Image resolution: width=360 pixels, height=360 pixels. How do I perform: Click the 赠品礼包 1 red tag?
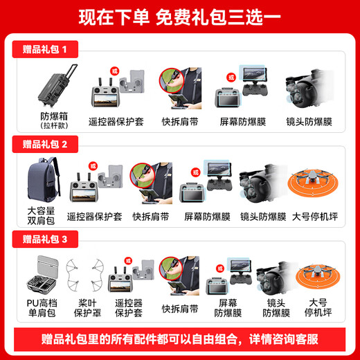tap(46, 50)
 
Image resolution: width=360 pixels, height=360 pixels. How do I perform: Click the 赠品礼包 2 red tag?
tap(46, 145)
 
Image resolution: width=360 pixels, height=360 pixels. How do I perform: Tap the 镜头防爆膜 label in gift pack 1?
tap(309, 122)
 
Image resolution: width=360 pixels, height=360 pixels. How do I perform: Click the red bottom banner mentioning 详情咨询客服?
tap(180, 339)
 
